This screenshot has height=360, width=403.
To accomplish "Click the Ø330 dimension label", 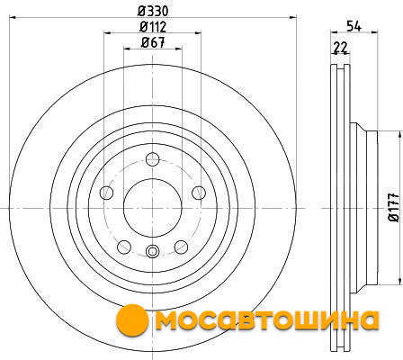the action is [x=153, y=12].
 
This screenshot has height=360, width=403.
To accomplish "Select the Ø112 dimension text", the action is [x=153, y=27].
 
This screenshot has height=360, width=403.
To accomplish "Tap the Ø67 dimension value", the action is [x=153, y=42].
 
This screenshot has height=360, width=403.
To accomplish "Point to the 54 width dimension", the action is [x=354, y=26].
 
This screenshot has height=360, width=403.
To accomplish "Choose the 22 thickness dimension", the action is [x=340, y=48].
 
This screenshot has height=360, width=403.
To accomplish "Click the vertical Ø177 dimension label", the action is [x=394, y=207].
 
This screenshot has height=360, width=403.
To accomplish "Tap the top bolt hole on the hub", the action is [x=153, y=159].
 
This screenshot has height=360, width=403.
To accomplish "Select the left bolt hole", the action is [x=106, y=193].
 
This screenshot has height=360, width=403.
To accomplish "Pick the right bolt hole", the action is [x=199, y=193].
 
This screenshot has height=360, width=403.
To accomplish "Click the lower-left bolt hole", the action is [x=124, y=247].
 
